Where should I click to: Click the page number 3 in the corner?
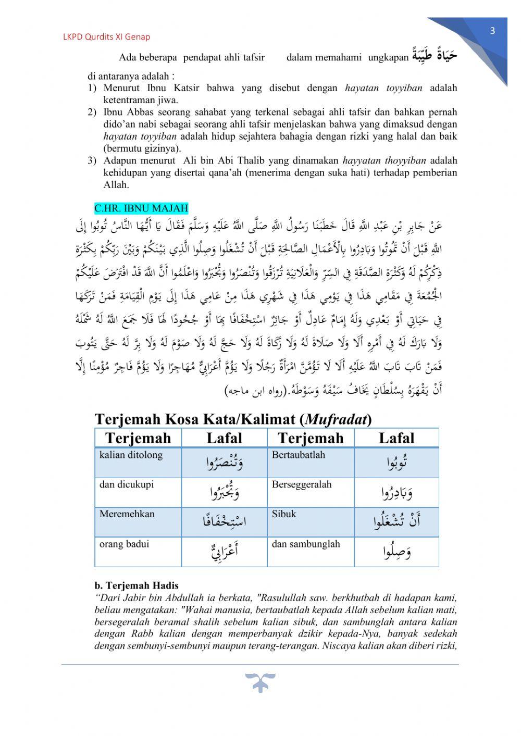click(x=492, y=31)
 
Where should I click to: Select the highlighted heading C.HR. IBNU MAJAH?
click(x=141, y=208)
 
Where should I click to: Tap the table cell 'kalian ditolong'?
click(x=131, y=455)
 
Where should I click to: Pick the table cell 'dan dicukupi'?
click(x=127, y=484)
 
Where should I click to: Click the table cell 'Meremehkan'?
click(x=127, y=514)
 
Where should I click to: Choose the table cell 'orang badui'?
click(x=124, y=544)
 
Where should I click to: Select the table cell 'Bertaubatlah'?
click(x=299, y=455)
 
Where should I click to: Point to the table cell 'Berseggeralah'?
click(x=302, y=484)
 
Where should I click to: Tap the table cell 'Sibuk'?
click(x=284, y=514)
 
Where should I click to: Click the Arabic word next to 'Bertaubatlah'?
click(x=397, y=463)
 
